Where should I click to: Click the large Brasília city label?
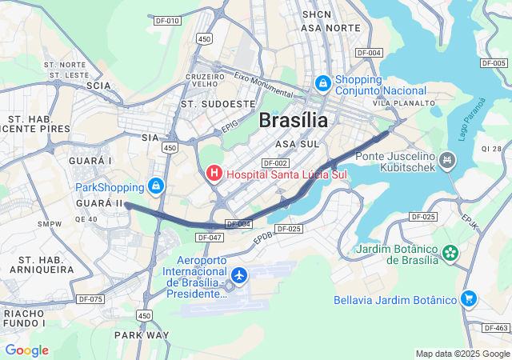tap(294, 121)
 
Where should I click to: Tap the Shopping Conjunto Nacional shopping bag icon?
tap(322, 82)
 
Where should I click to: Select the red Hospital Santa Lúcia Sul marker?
tap(214, 172)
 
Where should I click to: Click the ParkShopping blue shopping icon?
tap(156, 187)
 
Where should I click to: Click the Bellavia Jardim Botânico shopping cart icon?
tap(469, 299)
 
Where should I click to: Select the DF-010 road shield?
tap(167, 21)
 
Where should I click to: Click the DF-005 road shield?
tap(494, 62)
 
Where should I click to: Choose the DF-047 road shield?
tap(209, 238)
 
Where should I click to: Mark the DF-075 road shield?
tap(90, 299)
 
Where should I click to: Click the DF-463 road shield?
tap(496, 328)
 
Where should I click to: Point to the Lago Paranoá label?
tap(472, 118)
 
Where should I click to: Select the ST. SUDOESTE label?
tap(218, 104)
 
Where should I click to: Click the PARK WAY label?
tap(142, 334)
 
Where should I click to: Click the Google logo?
tap(26, 350)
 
